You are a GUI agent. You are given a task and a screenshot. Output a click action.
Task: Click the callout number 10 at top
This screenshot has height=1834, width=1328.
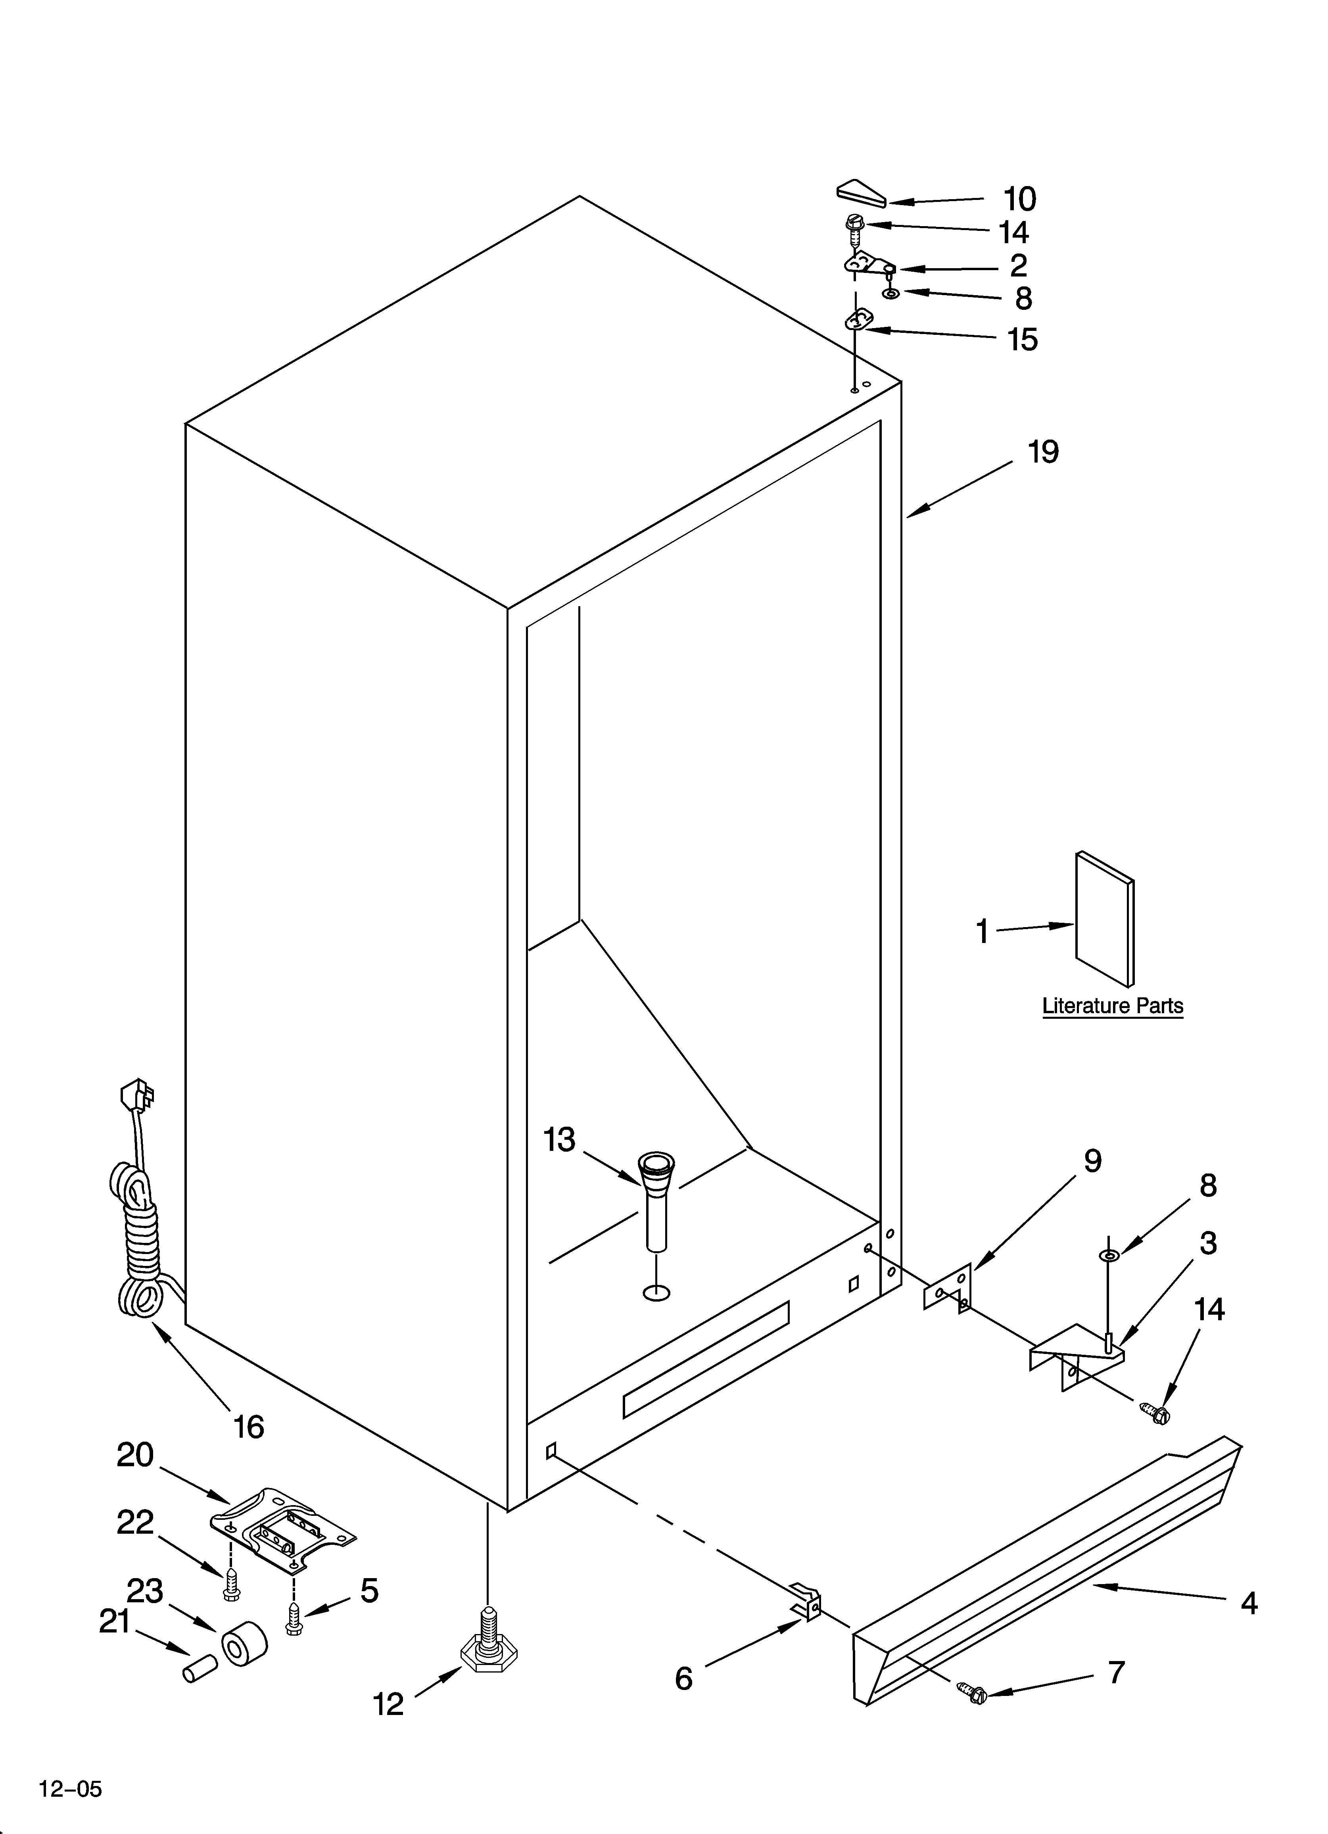click(x=1019, y=199)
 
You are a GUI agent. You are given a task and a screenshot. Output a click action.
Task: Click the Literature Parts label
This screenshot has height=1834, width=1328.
click(x=1112, y=1007)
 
